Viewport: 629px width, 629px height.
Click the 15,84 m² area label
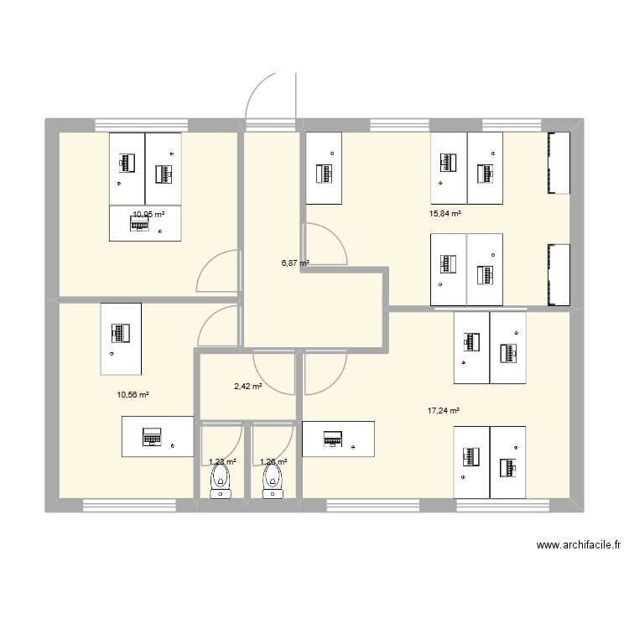(444, 214)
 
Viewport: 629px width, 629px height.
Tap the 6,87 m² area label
(294, 263)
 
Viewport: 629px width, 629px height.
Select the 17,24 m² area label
(444, 411)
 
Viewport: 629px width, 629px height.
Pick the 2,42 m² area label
(247, 387)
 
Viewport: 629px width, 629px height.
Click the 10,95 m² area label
(148, 215)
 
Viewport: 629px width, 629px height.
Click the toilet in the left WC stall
(221, 481)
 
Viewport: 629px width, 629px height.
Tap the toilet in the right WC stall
(273, 481)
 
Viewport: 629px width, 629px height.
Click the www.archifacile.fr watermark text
(579, 545)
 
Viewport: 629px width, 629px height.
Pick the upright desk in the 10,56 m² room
(121, 339)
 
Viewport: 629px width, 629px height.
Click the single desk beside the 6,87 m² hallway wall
(324, 168)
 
